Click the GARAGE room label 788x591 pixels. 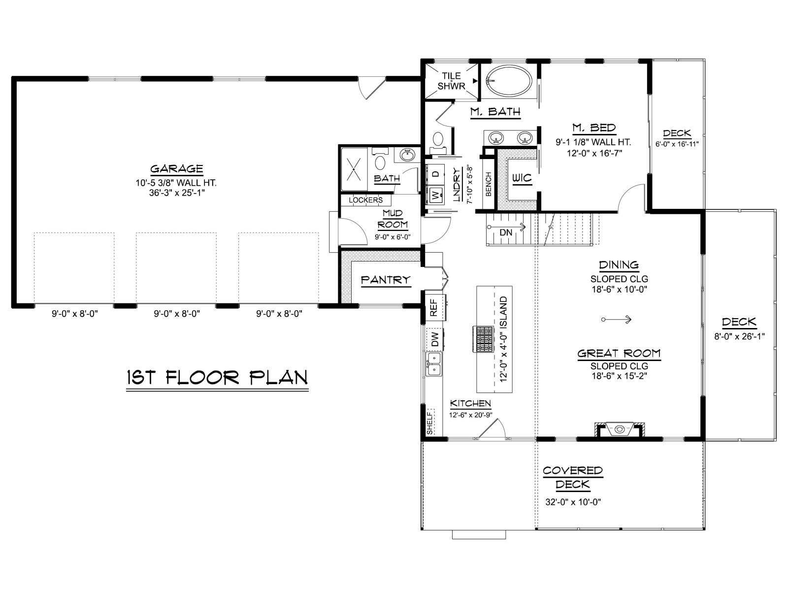pos(176,168)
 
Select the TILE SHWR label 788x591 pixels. pos(451,81)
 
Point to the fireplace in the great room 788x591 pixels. pos(619,429)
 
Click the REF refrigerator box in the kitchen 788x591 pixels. pos(435,307)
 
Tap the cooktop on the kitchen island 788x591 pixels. pos(483,339)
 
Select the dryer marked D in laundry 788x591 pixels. pos(435,174)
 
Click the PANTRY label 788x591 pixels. pos(385,280)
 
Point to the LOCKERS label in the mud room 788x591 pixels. pos(365,200)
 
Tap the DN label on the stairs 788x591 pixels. pos(506,232)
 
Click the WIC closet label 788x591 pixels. pos(522,178)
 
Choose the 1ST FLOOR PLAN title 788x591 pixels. pos(218,377)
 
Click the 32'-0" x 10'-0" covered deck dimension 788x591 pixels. pos(573,502)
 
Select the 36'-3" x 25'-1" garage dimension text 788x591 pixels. pos(177,193)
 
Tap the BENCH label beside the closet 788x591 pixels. pos(488,184)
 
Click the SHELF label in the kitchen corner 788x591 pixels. pos(430,423)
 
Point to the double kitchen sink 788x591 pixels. pos(434,364)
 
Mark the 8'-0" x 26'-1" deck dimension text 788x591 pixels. pos(739,336)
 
